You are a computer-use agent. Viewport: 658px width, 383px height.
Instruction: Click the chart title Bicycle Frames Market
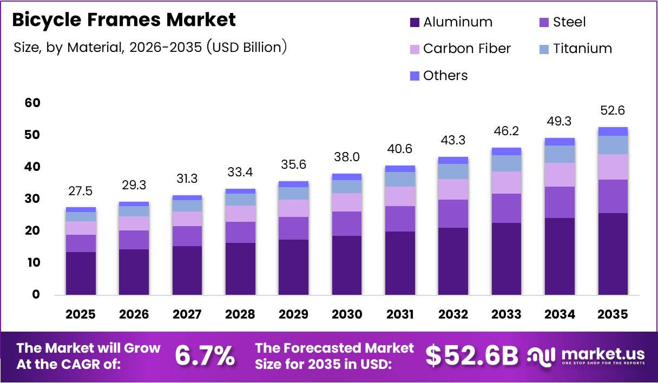tap(124, 20)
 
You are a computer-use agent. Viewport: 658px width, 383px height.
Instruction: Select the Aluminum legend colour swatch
tap(415, 23)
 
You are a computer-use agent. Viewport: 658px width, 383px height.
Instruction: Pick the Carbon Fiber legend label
tap(466, 49)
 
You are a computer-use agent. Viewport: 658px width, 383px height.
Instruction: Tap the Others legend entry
tap(445, 76)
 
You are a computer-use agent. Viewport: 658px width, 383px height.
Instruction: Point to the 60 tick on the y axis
tap(32, 103)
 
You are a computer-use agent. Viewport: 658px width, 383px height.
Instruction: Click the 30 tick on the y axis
tap(32, 199)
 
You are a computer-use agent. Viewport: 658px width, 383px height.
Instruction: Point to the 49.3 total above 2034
tap(560, 121)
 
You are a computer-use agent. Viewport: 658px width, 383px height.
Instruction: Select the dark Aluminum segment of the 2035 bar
tap(613, 254)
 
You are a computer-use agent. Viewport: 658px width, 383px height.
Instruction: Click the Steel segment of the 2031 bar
tap(400, 219)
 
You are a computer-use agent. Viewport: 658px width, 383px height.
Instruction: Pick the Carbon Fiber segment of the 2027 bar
tap(187, 219)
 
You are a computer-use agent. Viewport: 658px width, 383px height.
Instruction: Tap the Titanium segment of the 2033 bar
tap(506, 163)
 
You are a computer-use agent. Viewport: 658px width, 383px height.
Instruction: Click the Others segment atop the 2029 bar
tap(293, 184)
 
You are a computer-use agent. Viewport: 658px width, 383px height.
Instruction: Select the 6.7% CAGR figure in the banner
tap(205, 356)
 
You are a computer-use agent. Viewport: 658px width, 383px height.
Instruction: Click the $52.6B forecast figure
tap(471, 356)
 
